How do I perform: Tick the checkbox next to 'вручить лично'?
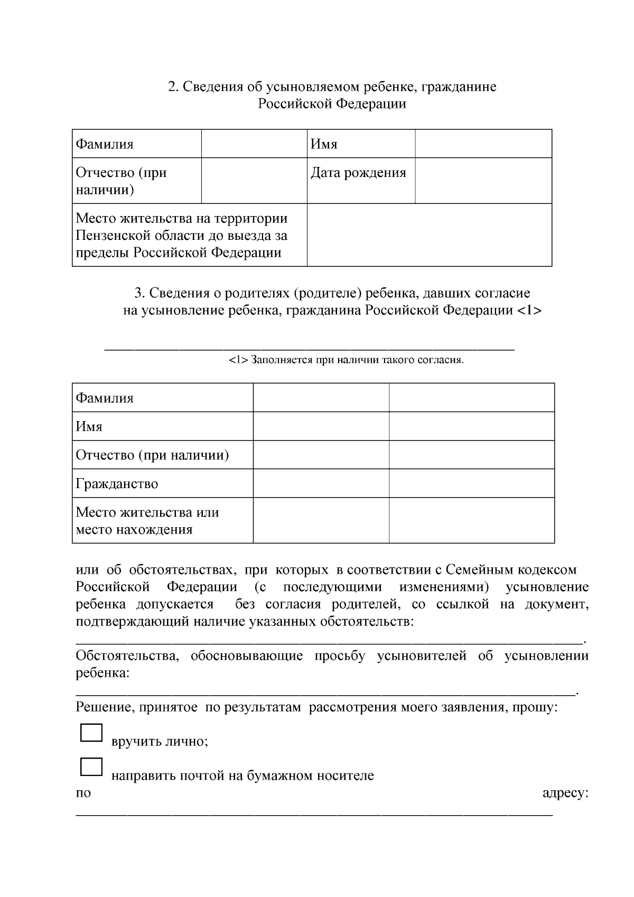tap(91, 733)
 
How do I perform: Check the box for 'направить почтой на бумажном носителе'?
tap(91, 767)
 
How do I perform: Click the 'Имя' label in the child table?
tap(324, 144)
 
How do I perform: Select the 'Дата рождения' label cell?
tap(358, 173)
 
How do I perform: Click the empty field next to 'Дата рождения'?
tap(483, 181)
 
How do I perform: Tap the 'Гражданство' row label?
tap(117, 484)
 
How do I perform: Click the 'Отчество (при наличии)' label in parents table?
tap(152, 455)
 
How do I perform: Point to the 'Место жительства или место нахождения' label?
tap(147, 521)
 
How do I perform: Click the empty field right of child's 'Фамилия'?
tap(254, 144)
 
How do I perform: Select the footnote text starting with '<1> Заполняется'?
tap(347, 361)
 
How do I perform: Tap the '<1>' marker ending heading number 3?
tap(529, 310)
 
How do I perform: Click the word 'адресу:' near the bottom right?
tap(565, 793)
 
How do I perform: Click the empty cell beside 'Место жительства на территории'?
tap(429, 235)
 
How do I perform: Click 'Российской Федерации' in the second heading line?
tap(332, 104)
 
